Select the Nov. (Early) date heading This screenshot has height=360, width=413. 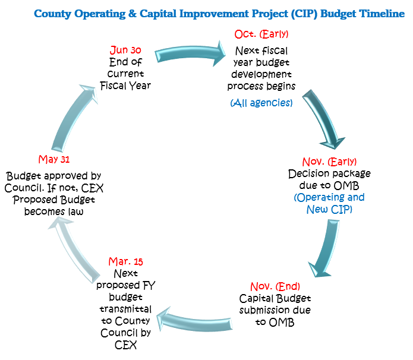tap(330, 162)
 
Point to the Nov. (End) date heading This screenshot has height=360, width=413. tap(275, 286)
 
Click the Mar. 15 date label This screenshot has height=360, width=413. tap(125, 261)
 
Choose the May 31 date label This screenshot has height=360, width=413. tap(55, 159)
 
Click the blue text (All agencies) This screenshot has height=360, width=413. tap(261, 103)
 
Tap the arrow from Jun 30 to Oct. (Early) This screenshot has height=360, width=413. tap(190, 49)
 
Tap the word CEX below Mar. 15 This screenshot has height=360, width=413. tap(125, 345)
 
